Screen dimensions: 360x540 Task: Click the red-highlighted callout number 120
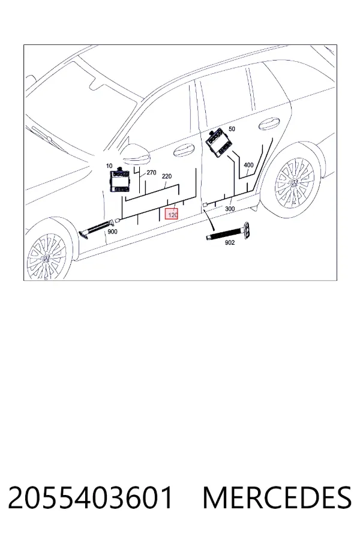click(172, 215)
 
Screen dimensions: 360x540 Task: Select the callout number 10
click(109, 166)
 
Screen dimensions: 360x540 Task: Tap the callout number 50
click(232, 129)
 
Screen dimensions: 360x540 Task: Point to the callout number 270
click(151, 173)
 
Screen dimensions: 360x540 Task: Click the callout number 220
click(167, 176)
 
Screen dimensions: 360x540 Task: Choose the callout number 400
click(248, 166)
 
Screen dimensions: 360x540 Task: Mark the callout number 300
click(230, 209)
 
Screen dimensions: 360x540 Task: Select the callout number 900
click(113, 232)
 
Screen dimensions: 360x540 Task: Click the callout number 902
click(230, 242)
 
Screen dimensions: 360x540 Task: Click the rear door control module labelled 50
click(217, 142)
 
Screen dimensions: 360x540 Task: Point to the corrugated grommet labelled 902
click(229, 232)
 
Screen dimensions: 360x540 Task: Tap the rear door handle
click(269, 124)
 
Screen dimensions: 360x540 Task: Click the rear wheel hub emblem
click(295, 183)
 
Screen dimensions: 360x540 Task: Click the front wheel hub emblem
click(46, 259)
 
